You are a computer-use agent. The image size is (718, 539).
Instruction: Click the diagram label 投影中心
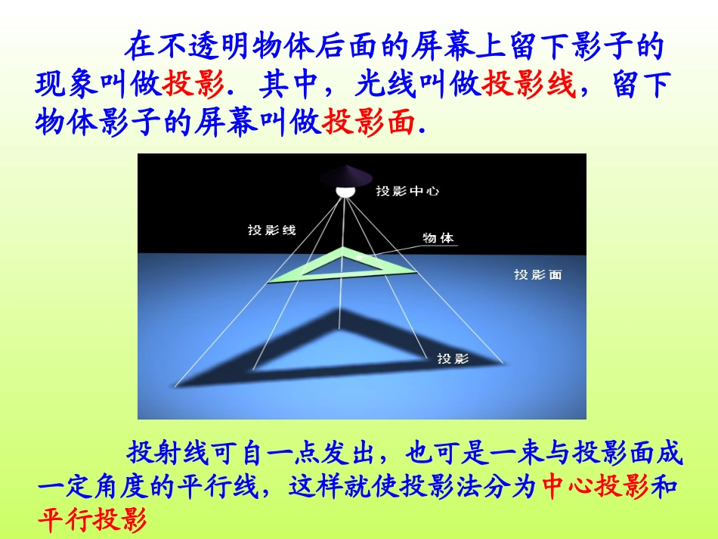pyautogui.click(x=407, y=191)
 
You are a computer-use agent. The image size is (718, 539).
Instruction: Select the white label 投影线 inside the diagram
pyautogui.click(x=272, y=231)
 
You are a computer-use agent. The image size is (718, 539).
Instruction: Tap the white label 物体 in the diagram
pyautogui.click(x=438, y=237)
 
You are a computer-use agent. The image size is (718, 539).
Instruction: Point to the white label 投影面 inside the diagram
pyautogui.click(x=537, y=275)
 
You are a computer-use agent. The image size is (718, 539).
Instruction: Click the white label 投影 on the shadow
pyautogui.click(x=453, y=358)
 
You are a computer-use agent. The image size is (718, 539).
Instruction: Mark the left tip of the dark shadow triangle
pyautogui.click(x=177, y=386)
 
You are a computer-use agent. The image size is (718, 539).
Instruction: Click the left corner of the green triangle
pyautogui.click(x=270, y=283)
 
